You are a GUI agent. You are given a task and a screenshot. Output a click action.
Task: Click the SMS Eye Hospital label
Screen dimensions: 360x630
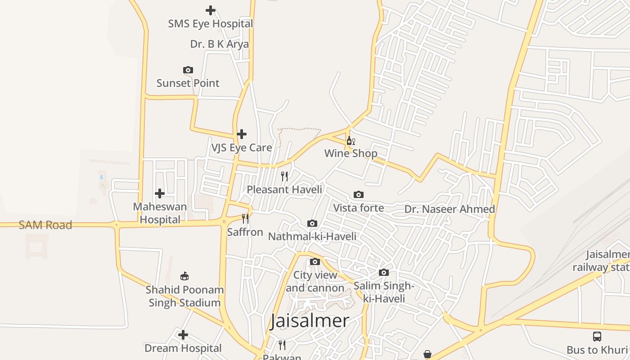click(x=211, y=24)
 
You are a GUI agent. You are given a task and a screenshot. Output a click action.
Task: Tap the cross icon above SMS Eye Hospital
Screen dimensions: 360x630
click(x=210, y=10)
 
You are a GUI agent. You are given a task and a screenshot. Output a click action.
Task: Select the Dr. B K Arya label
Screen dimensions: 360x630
click(x=219, y=44)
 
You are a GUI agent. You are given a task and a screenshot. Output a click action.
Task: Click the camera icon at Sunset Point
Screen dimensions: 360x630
click(x=188, y=70)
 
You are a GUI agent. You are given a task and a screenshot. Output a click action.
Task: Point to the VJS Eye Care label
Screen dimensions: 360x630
click(x=242, y=148)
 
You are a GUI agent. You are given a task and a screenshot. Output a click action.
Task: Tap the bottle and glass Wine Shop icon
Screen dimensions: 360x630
click(x=351, y=141)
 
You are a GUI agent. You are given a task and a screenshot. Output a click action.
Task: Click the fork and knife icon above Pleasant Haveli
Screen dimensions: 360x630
click(x=284, y=176)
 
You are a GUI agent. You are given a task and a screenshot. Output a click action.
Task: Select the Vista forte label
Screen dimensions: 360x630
click(x=359, y=208)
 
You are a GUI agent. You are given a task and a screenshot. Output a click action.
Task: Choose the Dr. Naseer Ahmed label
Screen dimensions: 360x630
click(x=450, y=209)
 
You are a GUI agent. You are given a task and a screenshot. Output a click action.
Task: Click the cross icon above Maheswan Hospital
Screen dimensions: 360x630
click(x=160, y=193)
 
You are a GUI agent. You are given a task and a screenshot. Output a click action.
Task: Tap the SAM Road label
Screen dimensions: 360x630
click(x=45, y=225)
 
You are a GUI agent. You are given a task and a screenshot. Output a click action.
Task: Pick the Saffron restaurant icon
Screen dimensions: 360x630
click(x=245, y=219)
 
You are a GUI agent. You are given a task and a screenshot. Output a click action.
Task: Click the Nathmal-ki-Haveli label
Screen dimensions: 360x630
click(x=312, y=237)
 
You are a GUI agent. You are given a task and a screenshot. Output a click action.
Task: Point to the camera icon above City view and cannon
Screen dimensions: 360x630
click(x=315, y=261)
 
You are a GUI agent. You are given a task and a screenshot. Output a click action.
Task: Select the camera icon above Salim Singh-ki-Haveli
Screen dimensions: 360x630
click(x=384, y=272)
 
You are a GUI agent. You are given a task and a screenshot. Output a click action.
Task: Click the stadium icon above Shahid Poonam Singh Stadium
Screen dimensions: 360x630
click(x=184, y=276)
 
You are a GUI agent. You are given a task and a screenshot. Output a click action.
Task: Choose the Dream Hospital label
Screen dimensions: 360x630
click(x=183, y=348)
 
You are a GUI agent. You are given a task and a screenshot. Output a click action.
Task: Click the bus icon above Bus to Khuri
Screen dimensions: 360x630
click(x=597, y=336)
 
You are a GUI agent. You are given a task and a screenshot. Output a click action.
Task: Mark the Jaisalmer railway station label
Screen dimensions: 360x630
click(x=601, y=261)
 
